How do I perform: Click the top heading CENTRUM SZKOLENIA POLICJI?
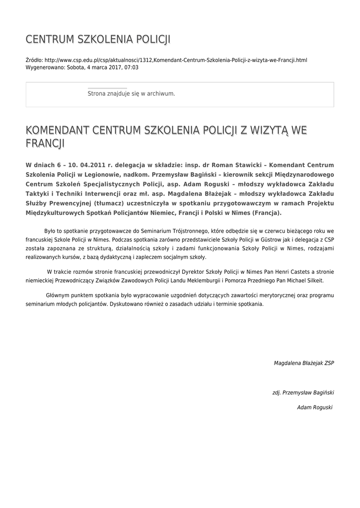98,39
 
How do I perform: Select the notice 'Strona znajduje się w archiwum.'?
131,93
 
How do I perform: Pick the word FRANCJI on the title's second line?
45,144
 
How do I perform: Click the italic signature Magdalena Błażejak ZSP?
304,363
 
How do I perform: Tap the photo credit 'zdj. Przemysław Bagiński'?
303,392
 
